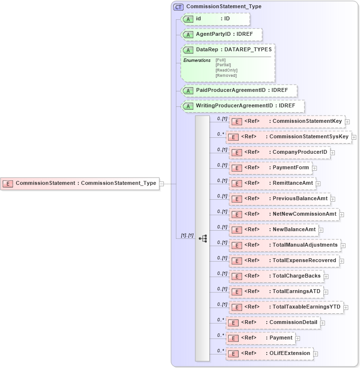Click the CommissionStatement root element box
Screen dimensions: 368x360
tap(80, 183)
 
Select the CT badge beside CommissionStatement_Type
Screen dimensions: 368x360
tap(178, 7)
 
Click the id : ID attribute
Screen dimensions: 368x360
tap(215, 19)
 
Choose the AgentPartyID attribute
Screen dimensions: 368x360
tap(221, 35)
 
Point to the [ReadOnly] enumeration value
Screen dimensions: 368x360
tap(226, 70)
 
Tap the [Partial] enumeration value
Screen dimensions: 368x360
tap(223, 65)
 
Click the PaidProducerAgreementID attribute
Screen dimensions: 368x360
tap(239, 90)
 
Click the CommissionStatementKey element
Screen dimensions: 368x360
tap(287, 121)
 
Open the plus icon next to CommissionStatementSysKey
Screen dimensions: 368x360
tap(355, 137)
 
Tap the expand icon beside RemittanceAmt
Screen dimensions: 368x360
tap(318, 184)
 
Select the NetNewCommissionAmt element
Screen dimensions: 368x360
tap(284, 214)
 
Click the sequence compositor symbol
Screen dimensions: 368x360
tap(203, 238)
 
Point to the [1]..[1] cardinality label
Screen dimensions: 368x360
tap(187, 236)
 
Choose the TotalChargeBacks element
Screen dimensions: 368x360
tap(279, 276)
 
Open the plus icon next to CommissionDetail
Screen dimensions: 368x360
tap(323, 323)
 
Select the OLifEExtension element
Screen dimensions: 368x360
tap(269, 353)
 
